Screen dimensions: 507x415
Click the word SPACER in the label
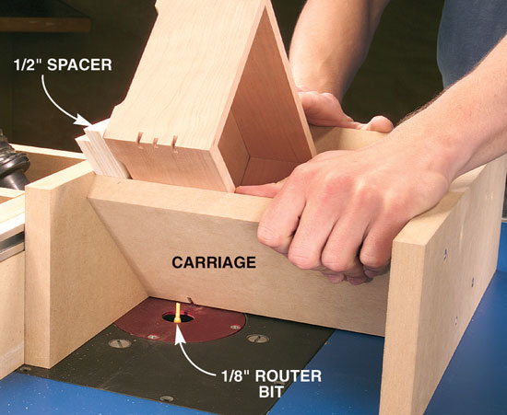click(79, 64)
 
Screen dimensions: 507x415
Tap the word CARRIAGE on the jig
click(214, 262)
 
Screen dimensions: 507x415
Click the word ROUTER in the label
click(289, 376)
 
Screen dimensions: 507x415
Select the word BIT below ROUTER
click(271, 391)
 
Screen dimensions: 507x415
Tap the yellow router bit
click(177, 313)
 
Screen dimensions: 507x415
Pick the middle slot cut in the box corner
click(156, 143)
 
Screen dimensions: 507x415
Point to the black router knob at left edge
click(12, 161)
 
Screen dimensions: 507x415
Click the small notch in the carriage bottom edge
click(190, 300)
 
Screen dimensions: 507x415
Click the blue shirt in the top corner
click(472, 39)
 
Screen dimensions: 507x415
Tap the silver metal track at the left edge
click(12, 246)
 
